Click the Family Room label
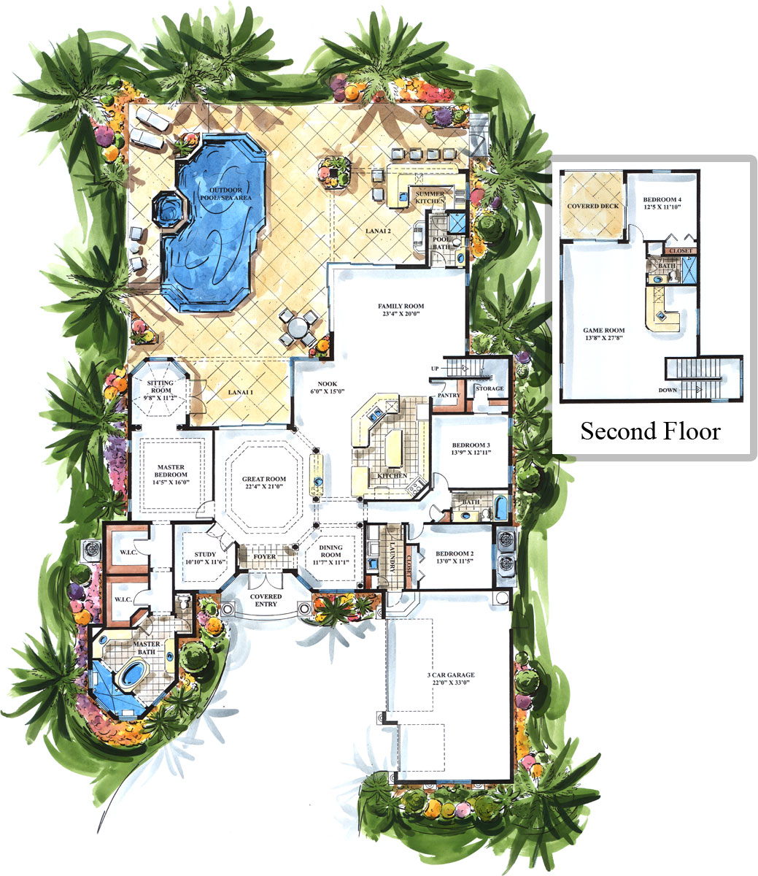pos(401,306)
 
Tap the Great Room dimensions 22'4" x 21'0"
pos(264,486)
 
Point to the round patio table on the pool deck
pos(298,328)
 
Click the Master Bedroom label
pos(171,471)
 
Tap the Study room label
pos(206,554)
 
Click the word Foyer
pos(264,556)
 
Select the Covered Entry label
pos(266,600)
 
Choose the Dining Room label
pos(330,551)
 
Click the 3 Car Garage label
pos(451,675)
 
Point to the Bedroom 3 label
pos(471,445)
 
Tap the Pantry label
pos(449,395)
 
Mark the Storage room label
pos(490,388)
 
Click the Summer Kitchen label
pos(430,197)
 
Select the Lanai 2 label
pos(378,231)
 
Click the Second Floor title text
pos(651,431)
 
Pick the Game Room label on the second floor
pos(603,330)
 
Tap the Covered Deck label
pos(592,206)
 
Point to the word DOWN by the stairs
pos(668,390)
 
